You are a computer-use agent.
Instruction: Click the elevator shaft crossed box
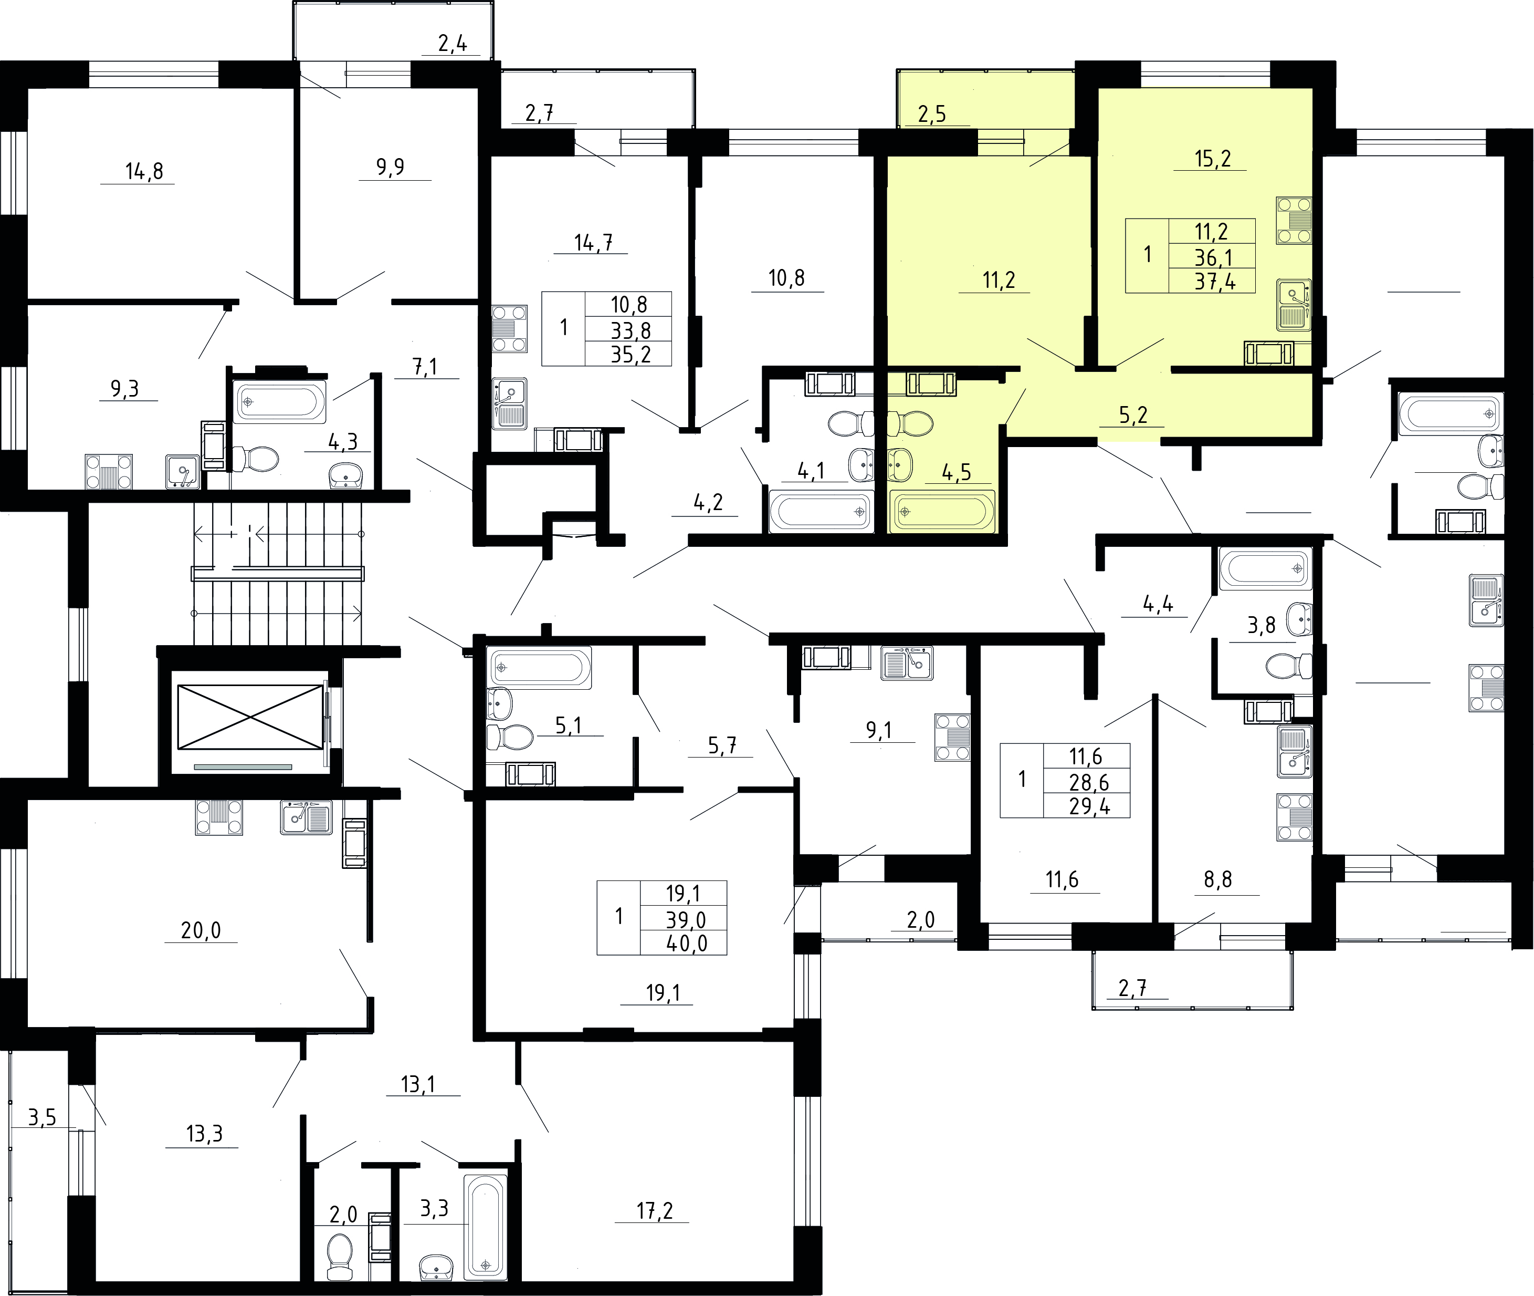250,718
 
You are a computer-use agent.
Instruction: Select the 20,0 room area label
201,931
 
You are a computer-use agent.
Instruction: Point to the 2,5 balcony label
931,115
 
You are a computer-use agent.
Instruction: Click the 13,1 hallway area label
418,1084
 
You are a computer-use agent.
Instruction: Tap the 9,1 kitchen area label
879,730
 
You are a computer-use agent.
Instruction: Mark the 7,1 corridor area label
425,367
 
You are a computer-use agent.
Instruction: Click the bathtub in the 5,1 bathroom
539,668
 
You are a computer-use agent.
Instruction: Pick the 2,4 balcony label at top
453,44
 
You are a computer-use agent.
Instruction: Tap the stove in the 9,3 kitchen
109,472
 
